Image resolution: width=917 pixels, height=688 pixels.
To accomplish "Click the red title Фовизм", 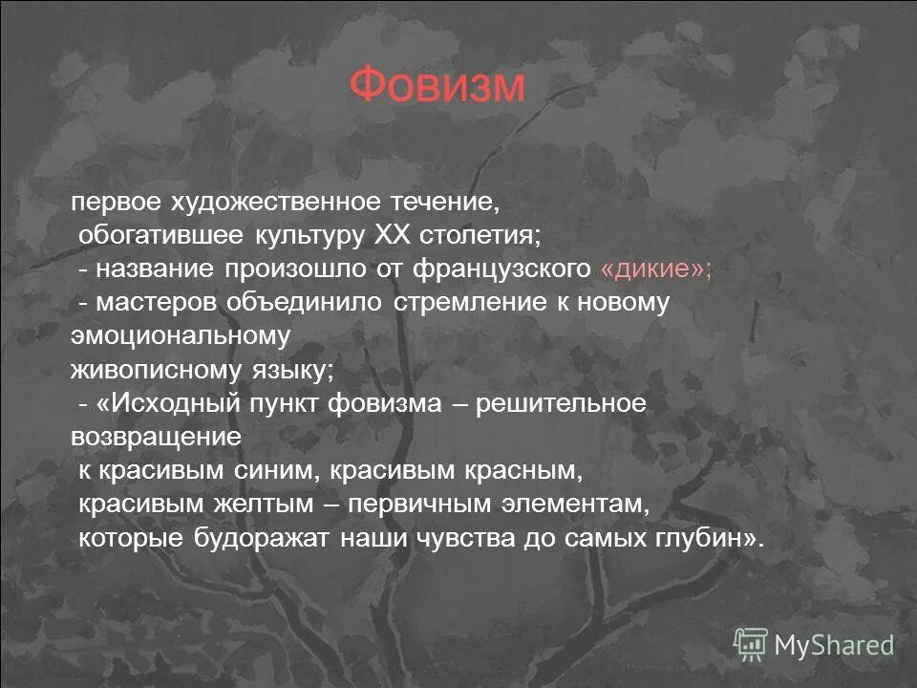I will [x=437, y=86].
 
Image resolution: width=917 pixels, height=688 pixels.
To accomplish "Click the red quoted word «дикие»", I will [x=655, y=269].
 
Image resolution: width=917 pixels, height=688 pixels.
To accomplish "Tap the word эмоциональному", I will [x=181, y=336].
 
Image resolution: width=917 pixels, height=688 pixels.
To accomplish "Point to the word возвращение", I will [x=155, y=437].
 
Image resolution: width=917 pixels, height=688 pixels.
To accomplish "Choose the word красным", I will [x=524, y=471].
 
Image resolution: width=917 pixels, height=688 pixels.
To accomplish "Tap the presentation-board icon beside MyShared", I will [x=751, y=644].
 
